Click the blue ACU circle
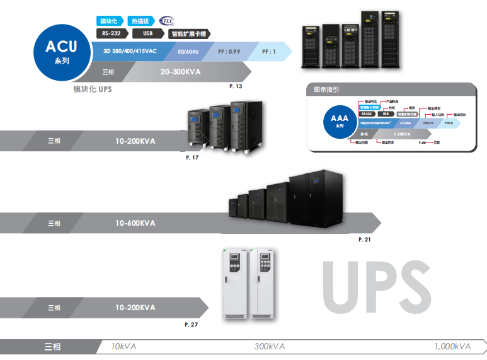61,52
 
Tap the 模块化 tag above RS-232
109,21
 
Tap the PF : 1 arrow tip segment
269,51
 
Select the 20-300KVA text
180,72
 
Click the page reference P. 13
236,85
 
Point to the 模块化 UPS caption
93,90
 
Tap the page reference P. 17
192,157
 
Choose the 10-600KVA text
135,223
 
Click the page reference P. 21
364,240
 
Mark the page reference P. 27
192,324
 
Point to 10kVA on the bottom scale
123,347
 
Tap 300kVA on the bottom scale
270,347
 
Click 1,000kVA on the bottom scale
452,347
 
